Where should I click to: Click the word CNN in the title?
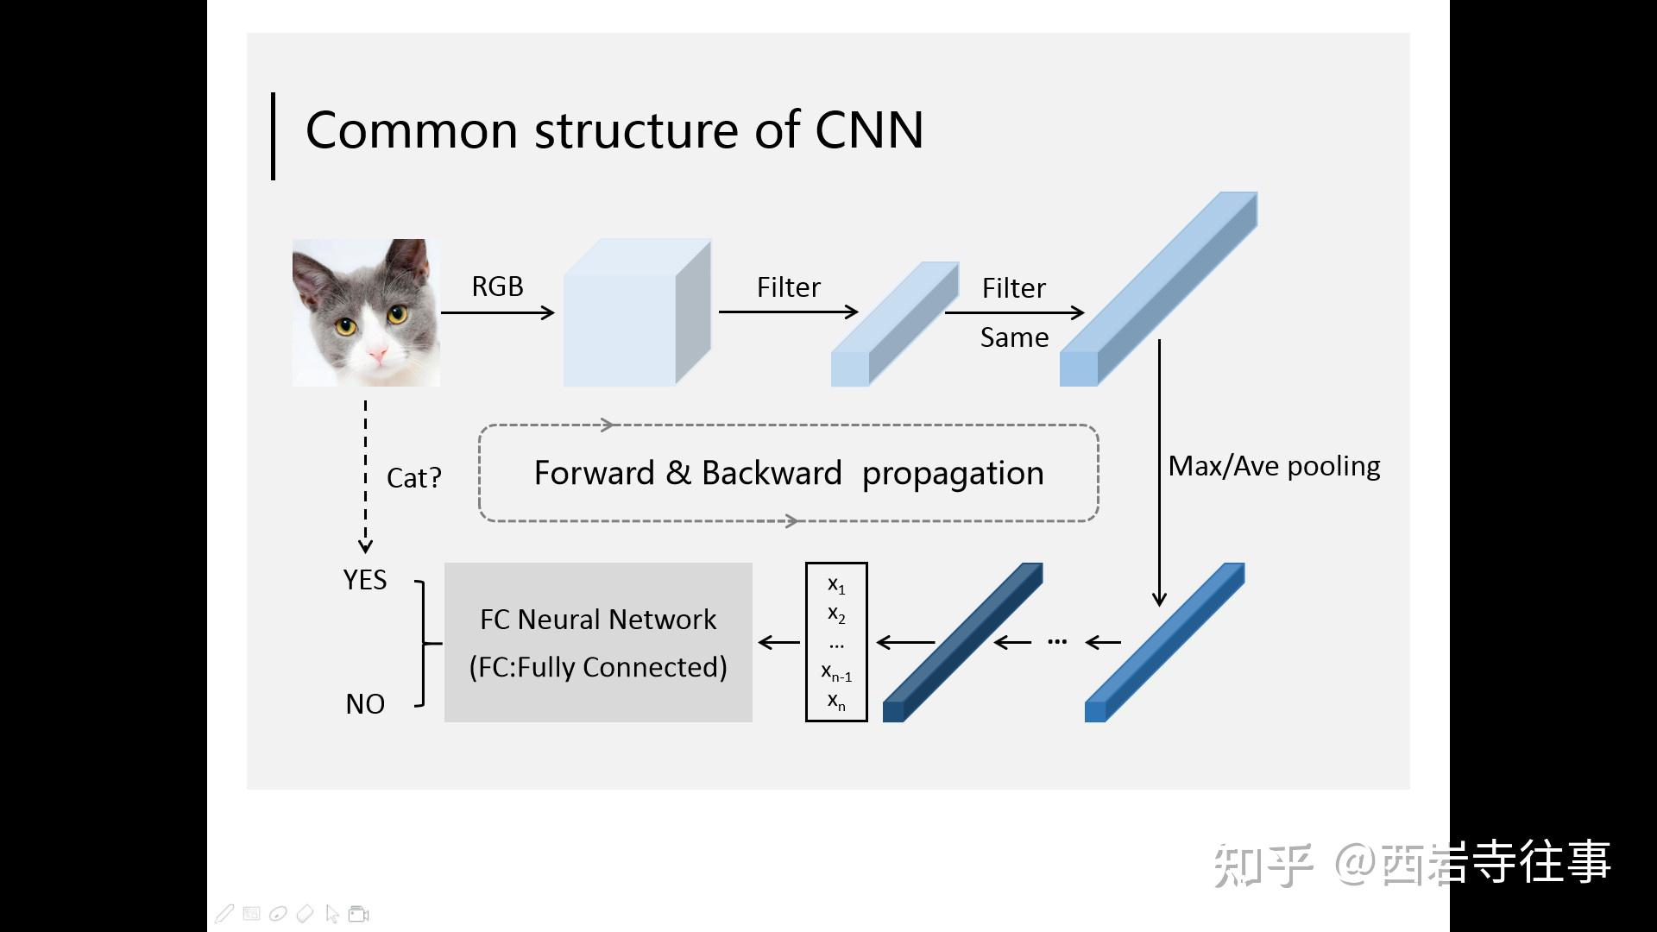(868, 131)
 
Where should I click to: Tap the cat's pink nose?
(377, 354)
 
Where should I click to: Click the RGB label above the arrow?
(497, 287)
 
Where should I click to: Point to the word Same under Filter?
(1014, 337)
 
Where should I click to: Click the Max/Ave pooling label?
(1274, 467)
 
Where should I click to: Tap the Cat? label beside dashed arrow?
(413, 478)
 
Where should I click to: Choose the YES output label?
(364, 580)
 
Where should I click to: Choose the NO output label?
(364, 704)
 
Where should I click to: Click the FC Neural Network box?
(598, 642)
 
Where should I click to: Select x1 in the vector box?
(835, 585)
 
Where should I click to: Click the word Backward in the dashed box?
(771, 473)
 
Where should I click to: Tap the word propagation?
(953, 473)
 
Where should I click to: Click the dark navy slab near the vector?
(962, 643)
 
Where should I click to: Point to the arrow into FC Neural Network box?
(778, 642)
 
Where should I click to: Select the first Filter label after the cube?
(788, 287)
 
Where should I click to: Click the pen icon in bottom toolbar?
(224, 913)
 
